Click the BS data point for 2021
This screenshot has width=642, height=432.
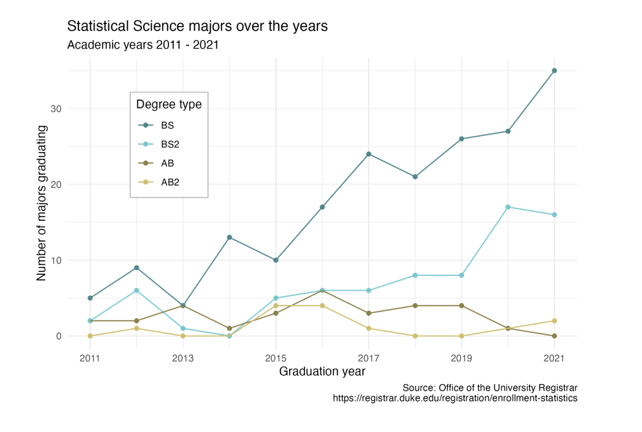coord(554,71)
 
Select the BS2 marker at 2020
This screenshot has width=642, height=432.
coord(508,207)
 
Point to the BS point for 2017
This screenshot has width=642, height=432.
coord(369,154)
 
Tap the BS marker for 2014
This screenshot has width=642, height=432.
coord(229,238)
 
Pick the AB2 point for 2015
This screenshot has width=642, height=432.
coord(276,306)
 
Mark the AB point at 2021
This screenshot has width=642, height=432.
coord(554,336)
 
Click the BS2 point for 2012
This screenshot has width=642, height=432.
coord(137,291)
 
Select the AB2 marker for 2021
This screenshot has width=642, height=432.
coord(554,321)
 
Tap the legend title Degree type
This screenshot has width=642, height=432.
coord(168,104)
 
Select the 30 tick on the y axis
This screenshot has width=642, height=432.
coord(56,109)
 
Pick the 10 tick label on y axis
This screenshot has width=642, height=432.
coord(56,260)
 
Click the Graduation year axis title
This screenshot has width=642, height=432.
coord(322,372)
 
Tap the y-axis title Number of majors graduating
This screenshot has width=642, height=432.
coord(42,203)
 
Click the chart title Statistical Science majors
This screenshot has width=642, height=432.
coord(198,27)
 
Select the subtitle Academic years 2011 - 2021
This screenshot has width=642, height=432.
coord(143,45)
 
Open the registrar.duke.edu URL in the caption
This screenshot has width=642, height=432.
coord(455,398)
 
